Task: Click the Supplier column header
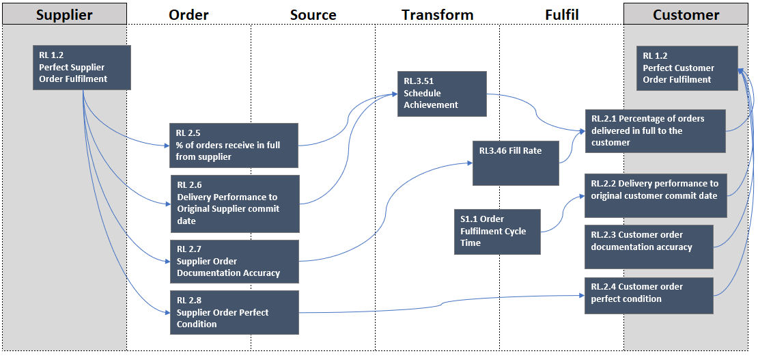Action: (x=64, y=14)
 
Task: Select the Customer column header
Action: (x=686, y=14)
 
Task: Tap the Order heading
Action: (x=188, y=14)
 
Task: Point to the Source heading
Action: (x=313, y=14)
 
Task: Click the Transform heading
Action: (x=437, y=14)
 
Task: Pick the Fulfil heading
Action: (x=562, y=14)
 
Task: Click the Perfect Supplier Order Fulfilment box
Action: (x=82, y=68)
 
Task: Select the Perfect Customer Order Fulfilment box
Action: (x=687, y=68)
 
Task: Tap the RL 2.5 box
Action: (x=234, y=145)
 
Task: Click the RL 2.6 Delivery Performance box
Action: (x=234, y=202)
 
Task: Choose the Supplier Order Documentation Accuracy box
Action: (x=234, y=261)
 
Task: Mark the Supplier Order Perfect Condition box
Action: (x=234, y=312)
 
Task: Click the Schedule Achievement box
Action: (x=442, y=94)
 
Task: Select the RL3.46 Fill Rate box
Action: (x=516, y=163)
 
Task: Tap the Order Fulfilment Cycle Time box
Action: (x=497, y=232)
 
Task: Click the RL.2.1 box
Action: (x=655, y=130)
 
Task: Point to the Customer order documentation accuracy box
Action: (x=648, y=247)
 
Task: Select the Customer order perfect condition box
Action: (x=648, y=295)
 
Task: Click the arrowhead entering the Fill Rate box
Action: (x=470, y=163)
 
